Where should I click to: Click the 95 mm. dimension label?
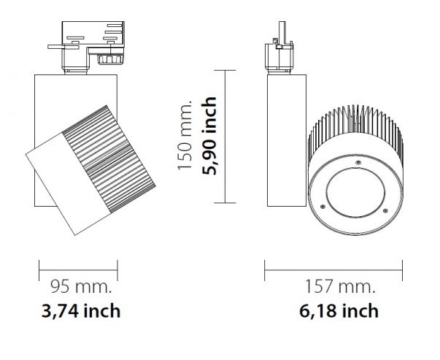81,287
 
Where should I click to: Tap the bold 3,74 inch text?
81,311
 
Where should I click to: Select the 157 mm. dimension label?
340,287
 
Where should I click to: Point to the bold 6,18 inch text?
339,311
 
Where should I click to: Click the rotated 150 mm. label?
185,135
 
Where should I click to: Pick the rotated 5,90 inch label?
209,136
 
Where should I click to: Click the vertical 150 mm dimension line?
225,137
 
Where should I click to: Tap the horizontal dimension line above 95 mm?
78,270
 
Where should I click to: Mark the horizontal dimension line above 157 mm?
333,270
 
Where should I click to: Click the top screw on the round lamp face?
358,162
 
